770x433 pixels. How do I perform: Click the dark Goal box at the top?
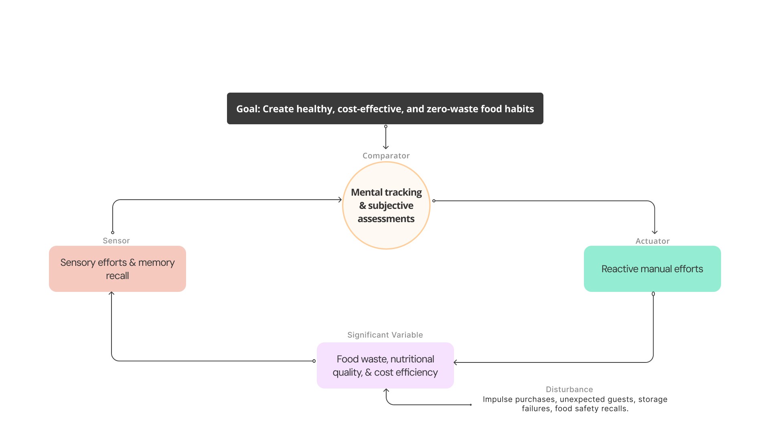tap(385, 109)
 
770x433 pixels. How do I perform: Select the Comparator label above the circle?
tap(386, 156)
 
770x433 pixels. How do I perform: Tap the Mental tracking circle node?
tap(386, 205)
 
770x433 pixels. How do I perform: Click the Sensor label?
tap(116, 241)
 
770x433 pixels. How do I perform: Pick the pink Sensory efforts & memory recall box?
tap(117, 269)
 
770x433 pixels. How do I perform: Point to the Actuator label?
tap(652, 241)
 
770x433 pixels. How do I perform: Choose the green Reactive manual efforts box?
tap(652, 269)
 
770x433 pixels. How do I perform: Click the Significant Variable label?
tap(385, 335)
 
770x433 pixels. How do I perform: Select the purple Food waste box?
tap(385, 365)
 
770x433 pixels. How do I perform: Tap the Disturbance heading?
tap(569, 389)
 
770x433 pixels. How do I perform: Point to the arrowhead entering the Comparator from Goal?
tap(386, 148)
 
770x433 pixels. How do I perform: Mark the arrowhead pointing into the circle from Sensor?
tap(340, 200)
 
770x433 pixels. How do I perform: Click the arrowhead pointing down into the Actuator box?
tap(654, 232)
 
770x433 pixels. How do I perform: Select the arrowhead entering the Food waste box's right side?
tap(456, 362)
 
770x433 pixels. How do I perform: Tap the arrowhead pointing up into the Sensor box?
tap(111, 293)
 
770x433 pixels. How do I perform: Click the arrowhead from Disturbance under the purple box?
tap(386, 391)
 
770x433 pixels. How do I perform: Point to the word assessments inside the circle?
tap(386, 219)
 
